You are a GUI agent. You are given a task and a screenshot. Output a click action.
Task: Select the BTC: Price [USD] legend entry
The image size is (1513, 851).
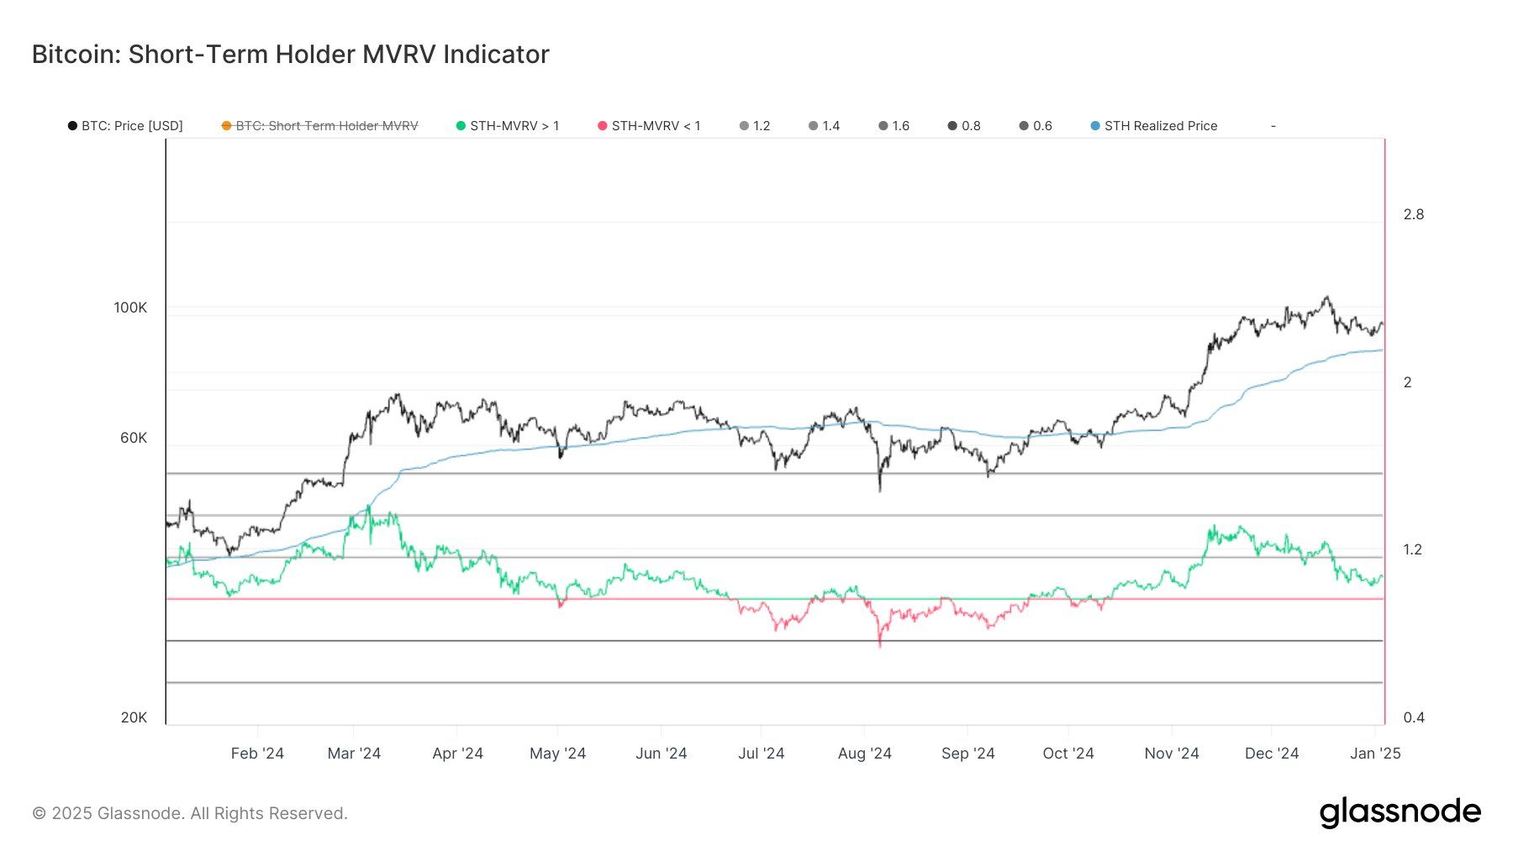point(125,126)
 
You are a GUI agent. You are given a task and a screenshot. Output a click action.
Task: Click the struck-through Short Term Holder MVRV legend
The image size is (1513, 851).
point(319,126)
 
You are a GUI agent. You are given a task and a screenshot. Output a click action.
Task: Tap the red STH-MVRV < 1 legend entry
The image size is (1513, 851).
point(649,126)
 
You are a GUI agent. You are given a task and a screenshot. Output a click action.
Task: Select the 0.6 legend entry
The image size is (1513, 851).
point(1036,126)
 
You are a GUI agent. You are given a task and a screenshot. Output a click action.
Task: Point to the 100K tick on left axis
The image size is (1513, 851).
point(130,308)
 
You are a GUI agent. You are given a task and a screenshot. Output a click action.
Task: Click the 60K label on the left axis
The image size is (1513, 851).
point(134,439)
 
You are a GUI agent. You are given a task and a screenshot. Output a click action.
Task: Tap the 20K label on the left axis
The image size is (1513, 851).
point(134,718)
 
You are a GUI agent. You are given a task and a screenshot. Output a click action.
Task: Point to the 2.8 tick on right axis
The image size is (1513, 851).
point(1414,215)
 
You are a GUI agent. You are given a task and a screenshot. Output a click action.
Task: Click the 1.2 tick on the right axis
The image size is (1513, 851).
point(1413,550)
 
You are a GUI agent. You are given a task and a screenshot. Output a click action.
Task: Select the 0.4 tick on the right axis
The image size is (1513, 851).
point(1414,718)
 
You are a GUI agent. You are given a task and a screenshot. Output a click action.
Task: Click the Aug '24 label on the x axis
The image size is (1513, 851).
point(864,754)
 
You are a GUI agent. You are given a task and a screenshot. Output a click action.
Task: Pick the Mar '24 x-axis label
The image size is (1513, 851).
point(354,754)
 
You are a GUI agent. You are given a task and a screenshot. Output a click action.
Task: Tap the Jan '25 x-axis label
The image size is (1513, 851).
point(1375,754)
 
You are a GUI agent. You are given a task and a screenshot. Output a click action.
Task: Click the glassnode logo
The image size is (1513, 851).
point(1400,812)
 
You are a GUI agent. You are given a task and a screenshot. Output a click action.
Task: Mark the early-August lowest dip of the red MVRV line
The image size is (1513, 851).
point(880,644)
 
